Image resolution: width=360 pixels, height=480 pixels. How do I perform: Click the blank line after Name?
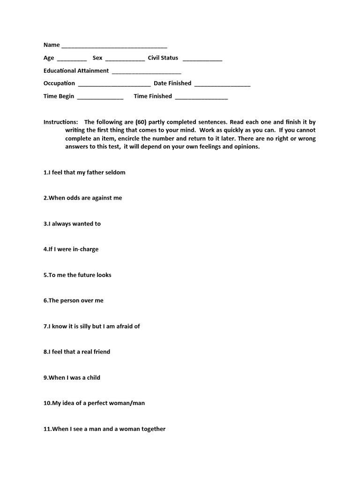pos(114,47)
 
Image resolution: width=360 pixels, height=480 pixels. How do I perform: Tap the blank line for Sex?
pos(125,60)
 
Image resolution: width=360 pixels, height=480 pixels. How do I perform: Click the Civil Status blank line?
pos(202,60)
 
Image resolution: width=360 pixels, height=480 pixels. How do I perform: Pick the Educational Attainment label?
pos(76,71)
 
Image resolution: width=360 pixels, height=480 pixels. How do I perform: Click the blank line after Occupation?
pos(114,85)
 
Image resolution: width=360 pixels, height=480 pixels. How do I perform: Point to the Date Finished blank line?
pos(222,85)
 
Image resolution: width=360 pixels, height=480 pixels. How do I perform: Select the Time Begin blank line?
pos(100,98)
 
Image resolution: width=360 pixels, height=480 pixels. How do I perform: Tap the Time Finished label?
pos(153,96)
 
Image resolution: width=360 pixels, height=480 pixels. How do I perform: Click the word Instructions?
pos(60,122)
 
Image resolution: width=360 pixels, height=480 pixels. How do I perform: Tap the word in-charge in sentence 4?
pos(85,249)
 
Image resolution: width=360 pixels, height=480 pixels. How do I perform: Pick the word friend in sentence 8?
pos(101,352)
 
